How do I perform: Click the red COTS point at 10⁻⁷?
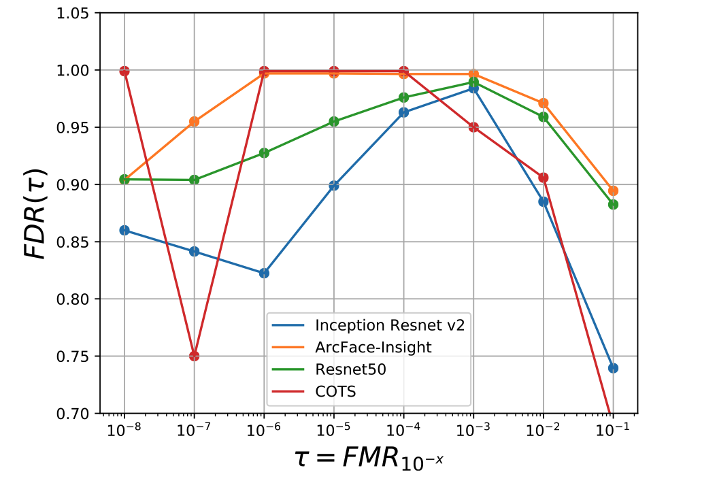click(x=194, y=356)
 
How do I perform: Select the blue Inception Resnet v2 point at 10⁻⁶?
click(x=264, y=273)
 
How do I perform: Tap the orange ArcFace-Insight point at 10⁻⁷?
click(x=194, y=121)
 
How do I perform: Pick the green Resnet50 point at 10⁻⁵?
click(x=334, y=121)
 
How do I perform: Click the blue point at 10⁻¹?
click(x=613, y=368)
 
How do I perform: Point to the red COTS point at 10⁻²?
click(x=543, y=178)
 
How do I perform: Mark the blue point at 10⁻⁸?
click(x=124, y=230)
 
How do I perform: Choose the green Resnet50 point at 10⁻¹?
click(x=613, y=204)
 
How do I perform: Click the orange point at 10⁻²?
click(x=543, y=103)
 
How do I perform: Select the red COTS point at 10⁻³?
click(x=473, y=127)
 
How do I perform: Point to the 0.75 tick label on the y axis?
click(x=77, y=356)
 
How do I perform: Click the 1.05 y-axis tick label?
click(x=77, y=13)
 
